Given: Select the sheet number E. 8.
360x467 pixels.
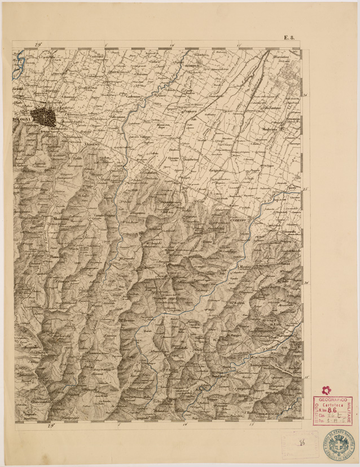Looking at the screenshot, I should click(289, 38).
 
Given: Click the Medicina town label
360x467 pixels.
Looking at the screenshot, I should click(272, 129).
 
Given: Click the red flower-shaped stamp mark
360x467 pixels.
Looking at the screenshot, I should click(326, 390).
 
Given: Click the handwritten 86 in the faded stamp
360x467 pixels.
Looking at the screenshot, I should click(303, 444).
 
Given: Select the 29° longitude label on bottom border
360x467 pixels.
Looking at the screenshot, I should click(52, 425).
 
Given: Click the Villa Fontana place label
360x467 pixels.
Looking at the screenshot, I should click(273, 108).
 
